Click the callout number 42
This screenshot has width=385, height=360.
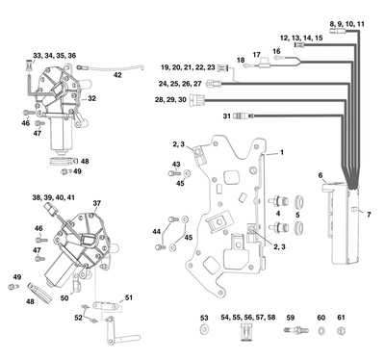point(117,74)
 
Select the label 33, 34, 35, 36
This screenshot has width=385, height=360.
point(54,56)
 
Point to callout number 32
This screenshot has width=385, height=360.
point(92,98)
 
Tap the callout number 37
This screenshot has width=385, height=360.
point(96,203)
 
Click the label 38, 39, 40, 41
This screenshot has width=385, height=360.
point(54,196)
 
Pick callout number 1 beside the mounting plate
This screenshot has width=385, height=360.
point(282,153)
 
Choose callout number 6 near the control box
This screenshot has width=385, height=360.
point(321,174)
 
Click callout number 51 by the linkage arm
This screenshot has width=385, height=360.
point(129,297)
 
